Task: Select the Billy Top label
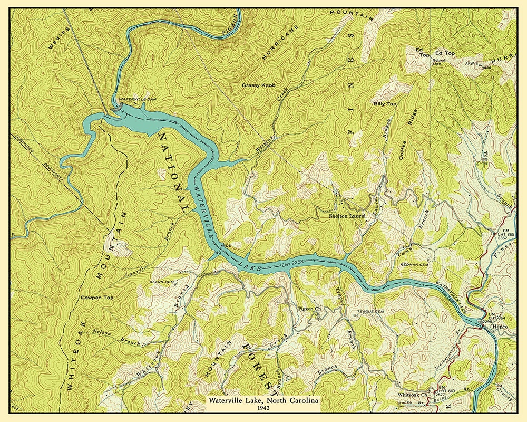pyautogui.click(x=385, y=104)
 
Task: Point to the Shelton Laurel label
pyautogui.click(x=347, y=216)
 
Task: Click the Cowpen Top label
pyautogui.click(x=97, y=298)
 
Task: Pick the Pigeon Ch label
pyautogui.click(x=310, y=308)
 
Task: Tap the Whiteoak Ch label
pyautogui.click(x=412, y=395)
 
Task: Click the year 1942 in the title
pyautogui.click(x=263, y=408)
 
